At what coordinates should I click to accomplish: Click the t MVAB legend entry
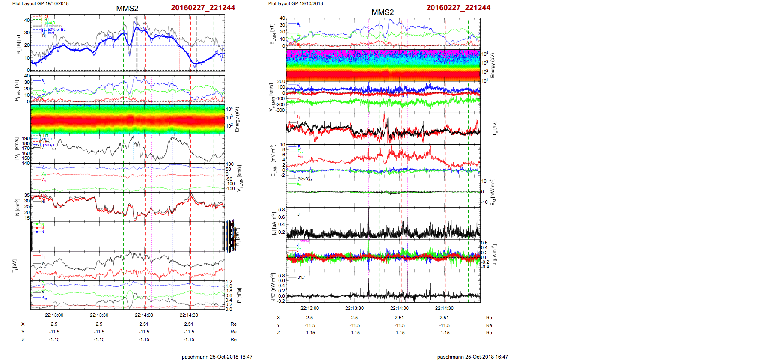click(49, 23)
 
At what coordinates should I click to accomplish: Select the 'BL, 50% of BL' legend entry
click(56, 30)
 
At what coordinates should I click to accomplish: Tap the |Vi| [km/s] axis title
click(17, 149)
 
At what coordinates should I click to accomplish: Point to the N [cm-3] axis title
click(17, 207)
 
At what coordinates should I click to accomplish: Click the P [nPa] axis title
click(239, 295)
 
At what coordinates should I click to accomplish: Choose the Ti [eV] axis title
click(15, 266)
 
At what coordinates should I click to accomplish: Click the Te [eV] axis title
click(494, 128)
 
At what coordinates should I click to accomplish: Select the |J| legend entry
click(298, 214)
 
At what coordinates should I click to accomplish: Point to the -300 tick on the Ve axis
click(280, 110)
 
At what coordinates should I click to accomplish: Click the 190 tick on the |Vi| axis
click(26, 138)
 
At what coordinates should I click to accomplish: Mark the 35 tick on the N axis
click(27, 195)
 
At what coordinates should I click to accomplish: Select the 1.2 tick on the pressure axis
click(229, 282)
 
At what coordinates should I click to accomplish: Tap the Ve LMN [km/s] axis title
click(271, 97)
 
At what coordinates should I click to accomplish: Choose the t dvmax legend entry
click(48, 145)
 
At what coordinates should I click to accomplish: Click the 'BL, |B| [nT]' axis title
click(18, 43)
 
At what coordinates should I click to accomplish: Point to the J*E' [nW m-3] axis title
click(273, 287)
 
